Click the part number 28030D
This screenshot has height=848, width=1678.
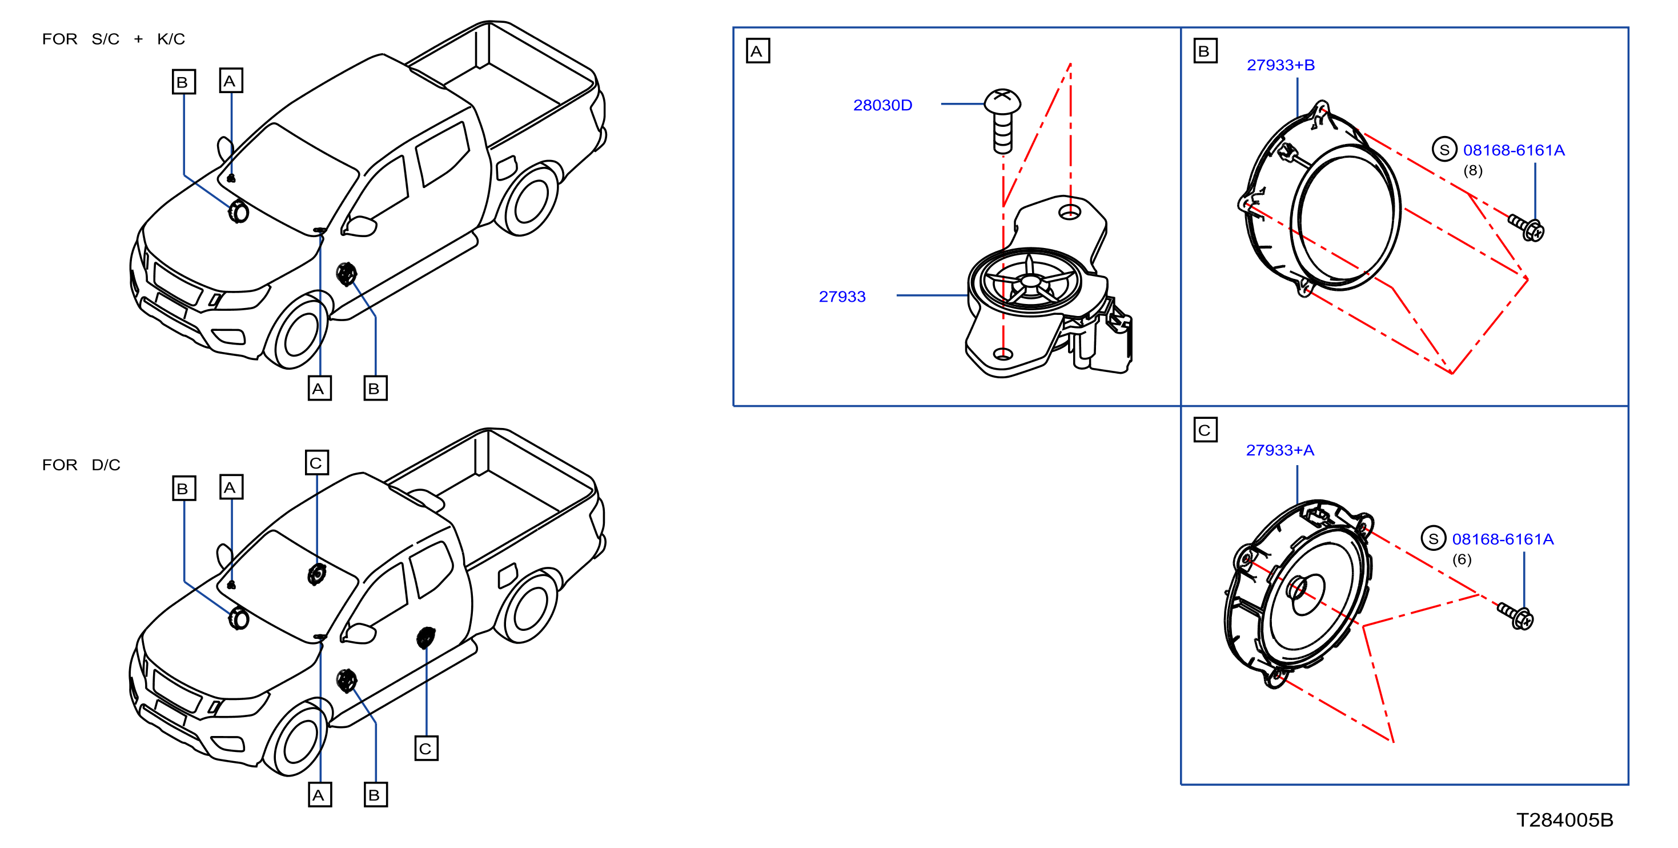click(x=882, y=105)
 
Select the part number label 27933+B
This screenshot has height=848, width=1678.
click(x=1280, y=65)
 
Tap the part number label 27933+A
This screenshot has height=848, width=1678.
click(x=1280, y=450)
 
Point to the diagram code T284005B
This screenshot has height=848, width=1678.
click(x=1565, y=820)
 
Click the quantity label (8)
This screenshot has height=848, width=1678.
click(x=1473, y=171)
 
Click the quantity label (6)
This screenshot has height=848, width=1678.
click(x=1462, y=560)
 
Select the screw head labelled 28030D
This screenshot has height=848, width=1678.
click(x=1002, y=102)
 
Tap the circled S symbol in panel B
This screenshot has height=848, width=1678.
click(x=1444, y=149)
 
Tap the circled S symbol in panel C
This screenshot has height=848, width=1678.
click(x=1433, y=538)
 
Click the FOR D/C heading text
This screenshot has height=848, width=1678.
click(x=82, y=465)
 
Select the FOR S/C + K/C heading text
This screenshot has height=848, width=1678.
click(x=113, y=39)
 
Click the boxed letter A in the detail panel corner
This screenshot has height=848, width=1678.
click(x=757, y=51)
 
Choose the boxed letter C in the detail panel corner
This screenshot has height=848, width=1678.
click(x=1205, y=430)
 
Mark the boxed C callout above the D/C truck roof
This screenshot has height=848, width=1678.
click(x=316, y=463)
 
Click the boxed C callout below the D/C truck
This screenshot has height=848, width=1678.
click(x=426, y=748)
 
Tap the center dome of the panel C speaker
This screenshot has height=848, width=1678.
click(x=1304, y=594)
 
